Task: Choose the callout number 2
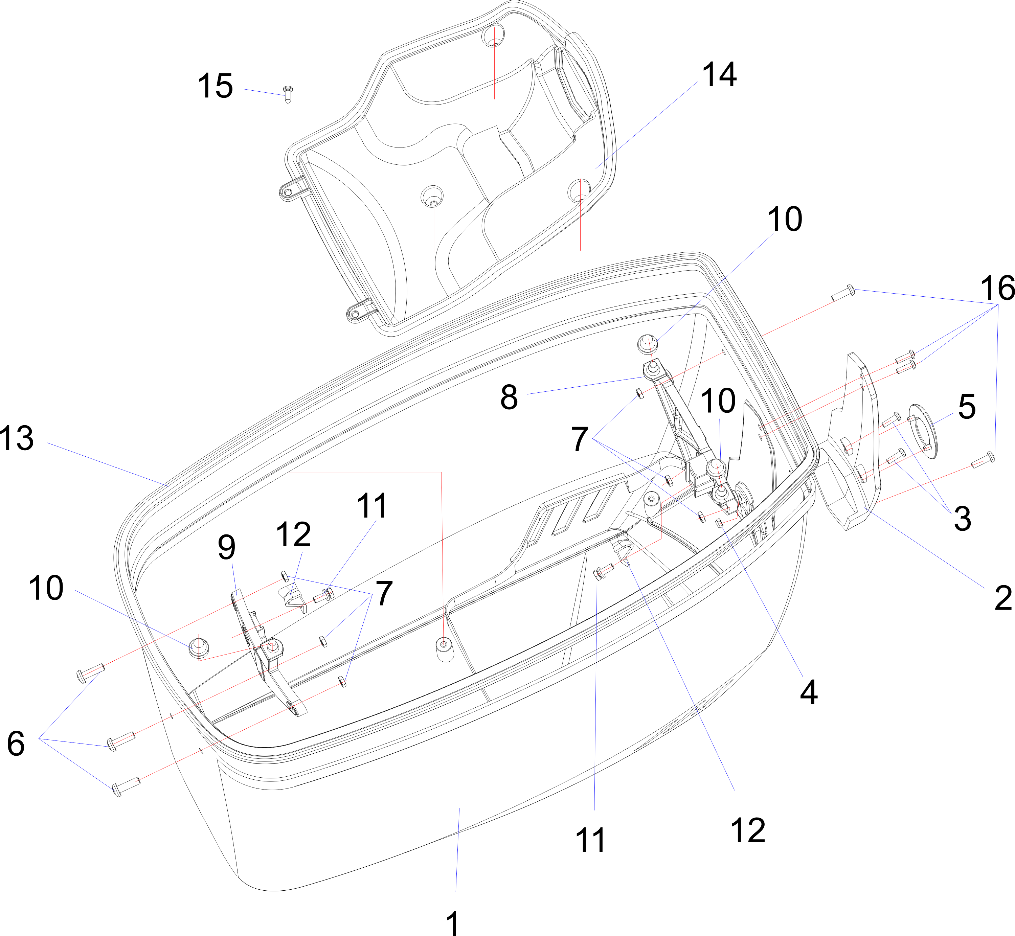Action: [1003, 598]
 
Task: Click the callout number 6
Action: [16, 744]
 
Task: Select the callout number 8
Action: [509, 397]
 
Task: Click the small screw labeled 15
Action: [288, 93]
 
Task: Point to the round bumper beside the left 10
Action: [199, 648]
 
